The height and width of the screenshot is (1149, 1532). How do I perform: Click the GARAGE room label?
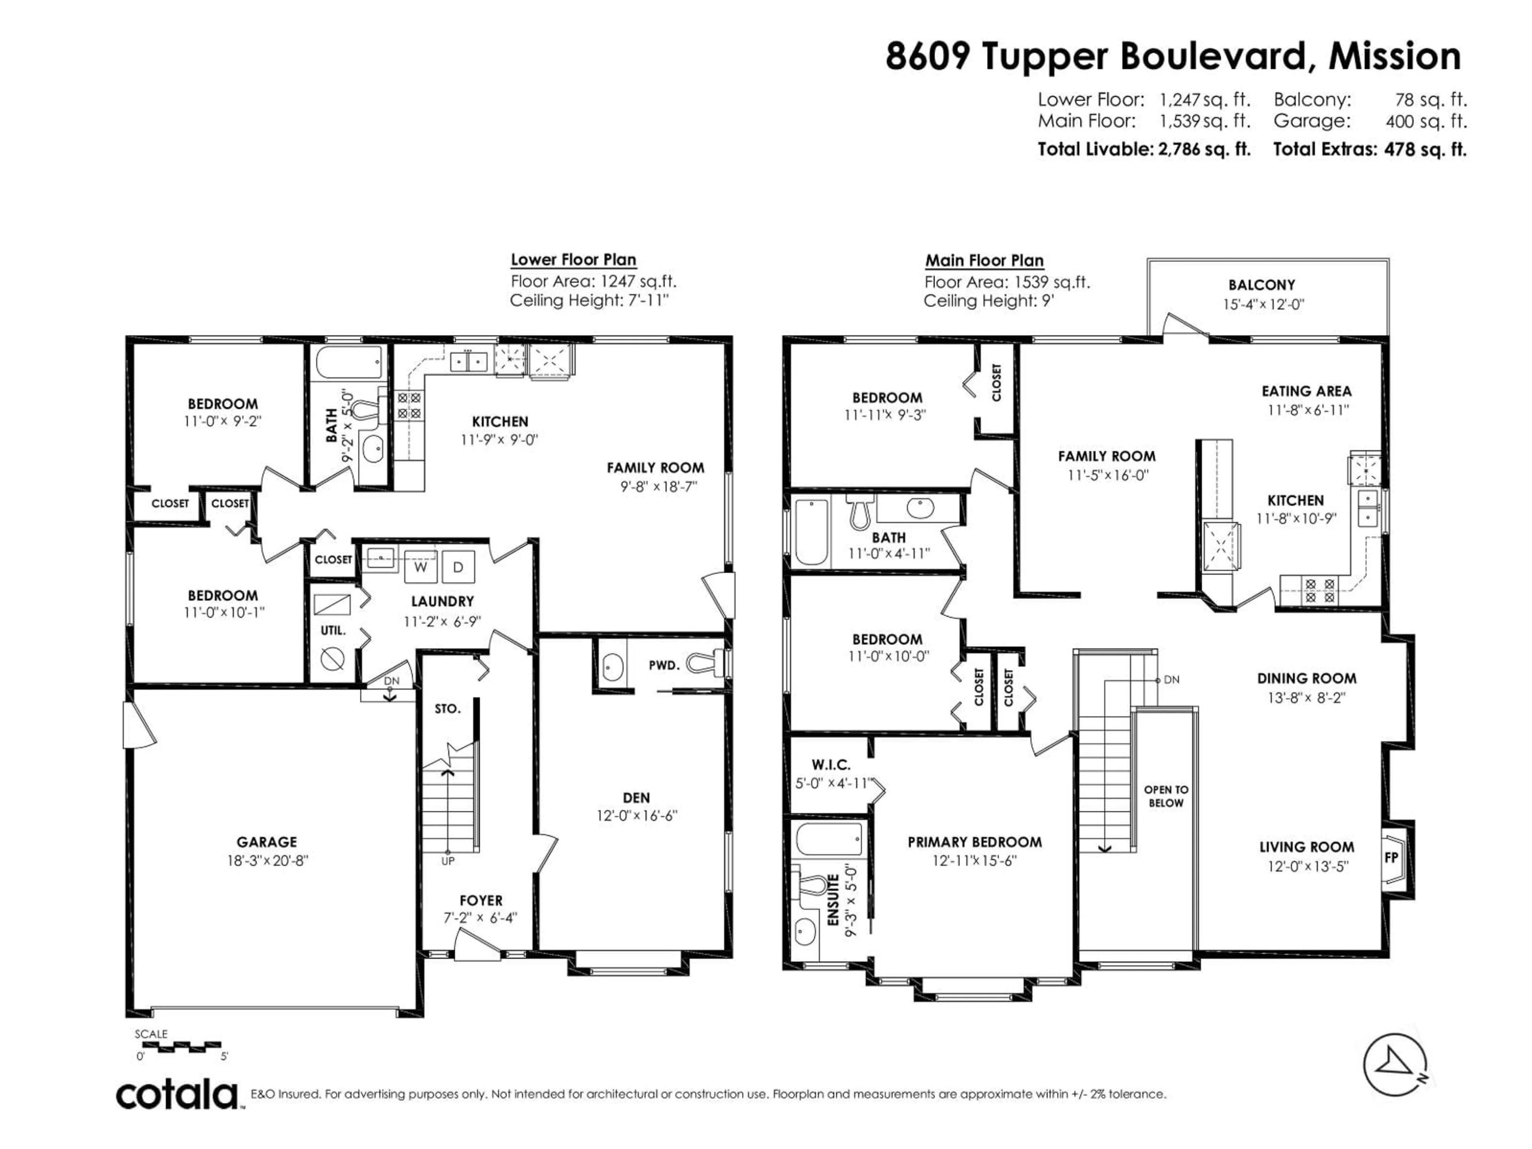click(267, 842)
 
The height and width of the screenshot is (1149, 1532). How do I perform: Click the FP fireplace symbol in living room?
click(1391, 857)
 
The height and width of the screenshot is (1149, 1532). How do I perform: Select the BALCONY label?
click(1261, 284)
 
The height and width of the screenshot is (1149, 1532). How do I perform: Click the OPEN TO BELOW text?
click(1166, 796)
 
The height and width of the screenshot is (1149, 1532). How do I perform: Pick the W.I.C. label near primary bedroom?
click(830, 765)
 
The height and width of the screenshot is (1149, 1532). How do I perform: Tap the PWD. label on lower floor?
click(663, 665)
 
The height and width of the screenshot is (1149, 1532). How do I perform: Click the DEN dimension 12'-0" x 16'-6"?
click(636, 816)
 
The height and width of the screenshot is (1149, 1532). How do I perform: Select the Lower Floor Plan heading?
click(573, 260)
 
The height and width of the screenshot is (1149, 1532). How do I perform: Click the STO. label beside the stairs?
click(447, 709)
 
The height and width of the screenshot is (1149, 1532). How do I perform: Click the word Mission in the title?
click(1394, 56)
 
